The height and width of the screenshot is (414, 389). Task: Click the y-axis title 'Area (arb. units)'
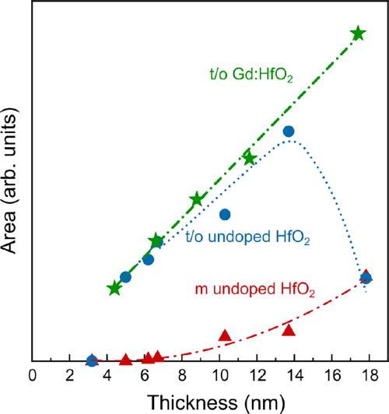(x=12, y=190)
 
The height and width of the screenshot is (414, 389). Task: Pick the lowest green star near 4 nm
(x=114, y=289)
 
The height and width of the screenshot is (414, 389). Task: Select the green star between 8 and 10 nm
(x=197, y=200)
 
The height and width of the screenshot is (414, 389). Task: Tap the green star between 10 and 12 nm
(x=249, y=159)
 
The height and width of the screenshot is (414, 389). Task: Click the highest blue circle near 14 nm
(x=289, y=132)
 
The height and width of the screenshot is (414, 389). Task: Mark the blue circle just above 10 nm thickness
(x=225, y=214)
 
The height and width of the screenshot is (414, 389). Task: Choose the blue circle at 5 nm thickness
(x=125, y=277)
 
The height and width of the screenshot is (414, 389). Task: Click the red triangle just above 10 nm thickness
(x=225, y=335)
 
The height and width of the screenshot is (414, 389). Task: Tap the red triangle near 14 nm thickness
(x=289, y=330)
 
